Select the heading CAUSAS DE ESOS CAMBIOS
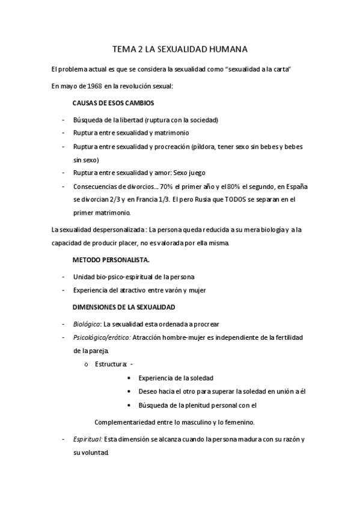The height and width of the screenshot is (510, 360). coord(114,103)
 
